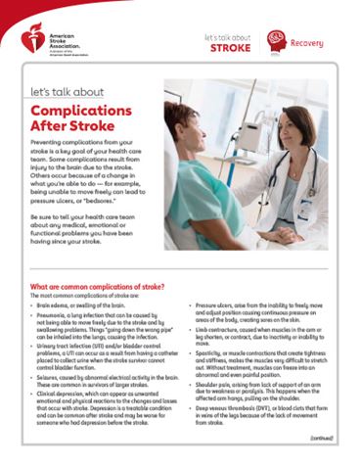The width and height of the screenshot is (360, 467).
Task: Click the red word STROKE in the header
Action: [x=230, y=47]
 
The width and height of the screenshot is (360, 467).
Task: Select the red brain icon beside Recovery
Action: [x=276, y=41]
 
